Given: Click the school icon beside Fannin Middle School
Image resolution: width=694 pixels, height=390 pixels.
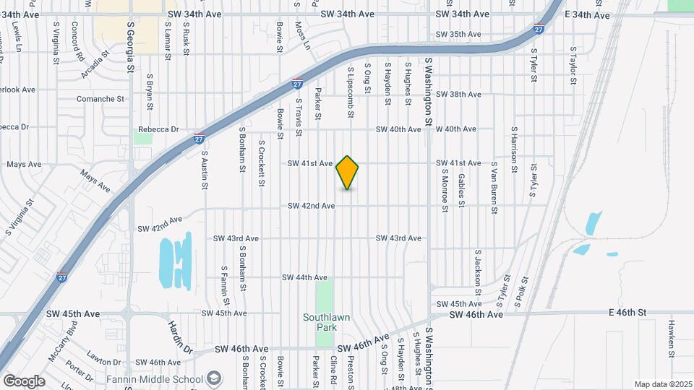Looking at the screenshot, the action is click(x=214, y=378).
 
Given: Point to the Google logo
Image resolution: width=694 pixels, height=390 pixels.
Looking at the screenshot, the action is click(x=24, y=381).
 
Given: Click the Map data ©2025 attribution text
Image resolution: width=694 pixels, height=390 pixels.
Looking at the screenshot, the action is click(x=662, y=384).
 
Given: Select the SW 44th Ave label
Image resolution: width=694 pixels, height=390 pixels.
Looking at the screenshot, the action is click(x=305, y=277).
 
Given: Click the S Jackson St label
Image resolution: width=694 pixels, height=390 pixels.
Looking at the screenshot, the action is click(x=478, y=269).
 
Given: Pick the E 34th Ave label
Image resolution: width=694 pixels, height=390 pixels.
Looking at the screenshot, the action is click(x=586, y=14).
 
